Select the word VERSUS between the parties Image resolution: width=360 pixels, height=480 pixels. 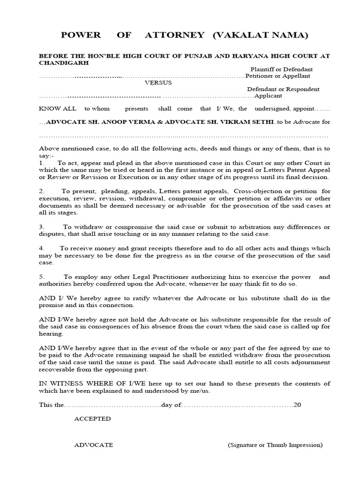coord(158,82)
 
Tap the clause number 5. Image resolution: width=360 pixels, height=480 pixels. coord(41,277)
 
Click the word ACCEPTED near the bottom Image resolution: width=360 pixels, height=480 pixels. coord(92,418)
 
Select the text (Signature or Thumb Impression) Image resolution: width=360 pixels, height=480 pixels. coord(275,445)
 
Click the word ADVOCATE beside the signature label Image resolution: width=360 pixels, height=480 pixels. coord(93,445)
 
